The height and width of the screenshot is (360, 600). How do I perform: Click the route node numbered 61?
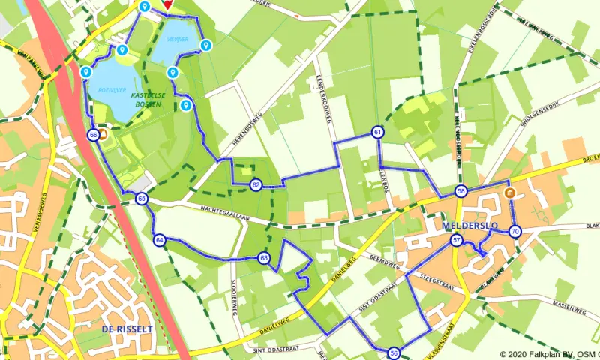pos(377,133)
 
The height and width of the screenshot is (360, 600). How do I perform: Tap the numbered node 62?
pos(256,184)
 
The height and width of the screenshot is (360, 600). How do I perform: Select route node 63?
pos(264,258)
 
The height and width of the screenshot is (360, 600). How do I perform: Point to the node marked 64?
pos(160,240)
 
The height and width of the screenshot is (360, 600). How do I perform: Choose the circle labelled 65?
pos(142,199)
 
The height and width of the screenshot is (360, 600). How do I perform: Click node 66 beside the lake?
pos(93,135)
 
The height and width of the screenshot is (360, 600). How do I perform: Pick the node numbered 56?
pos(394,352)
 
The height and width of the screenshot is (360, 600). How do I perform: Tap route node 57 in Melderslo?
pos(457,240)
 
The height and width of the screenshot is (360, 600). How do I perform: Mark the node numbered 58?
pos(461,191)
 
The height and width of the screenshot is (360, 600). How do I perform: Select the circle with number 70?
pos(514,231)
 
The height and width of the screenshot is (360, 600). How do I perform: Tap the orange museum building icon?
pos(510,194)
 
